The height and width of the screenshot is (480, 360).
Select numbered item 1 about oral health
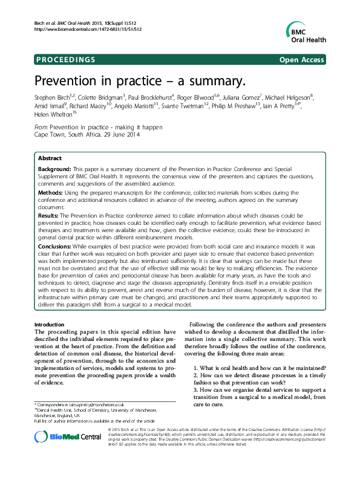(x=260, y=368)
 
